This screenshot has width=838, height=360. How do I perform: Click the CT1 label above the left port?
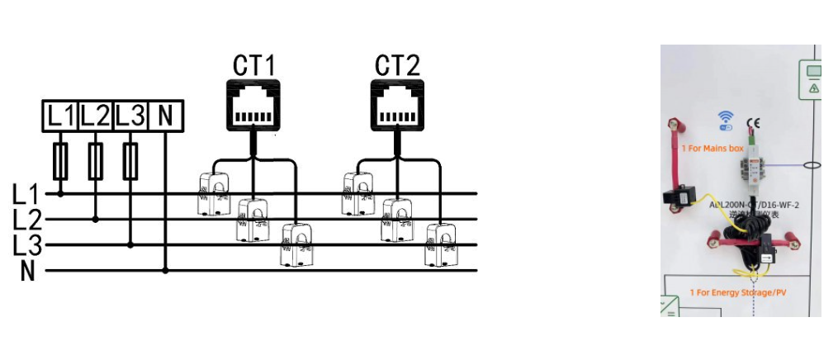tap(253, 65)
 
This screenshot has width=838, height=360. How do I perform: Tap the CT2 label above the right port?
tap(397, 65)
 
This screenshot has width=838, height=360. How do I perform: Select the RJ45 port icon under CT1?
tap(253, 105)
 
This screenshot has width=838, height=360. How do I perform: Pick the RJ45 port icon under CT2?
tap(397, 105)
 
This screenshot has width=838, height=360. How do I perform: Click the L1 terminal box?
tap(60, 116)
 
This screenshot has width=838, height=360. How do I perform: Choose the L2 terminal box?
tap(96, 116)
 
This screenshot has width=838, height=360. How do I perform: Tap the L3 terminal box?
tap(130, 116)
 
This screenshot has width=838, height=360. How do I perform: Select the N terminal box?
tap(165, 116)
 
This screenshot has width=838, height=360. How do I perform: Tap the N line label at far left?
tap(28, 271)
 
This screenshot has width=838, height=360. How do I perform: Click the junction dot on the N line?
tap(165, 270)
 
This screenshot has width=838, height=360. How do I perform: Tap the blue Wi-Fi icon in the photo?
tap(726, 121)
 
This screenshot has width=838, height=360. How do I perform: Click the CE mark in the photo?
tap(753, 125)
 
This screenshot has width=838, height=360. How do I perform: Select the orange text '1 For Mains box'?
tap(713, 149)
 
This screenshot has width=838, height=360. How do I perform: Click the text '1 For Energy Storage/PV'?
tap(737, 292)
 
